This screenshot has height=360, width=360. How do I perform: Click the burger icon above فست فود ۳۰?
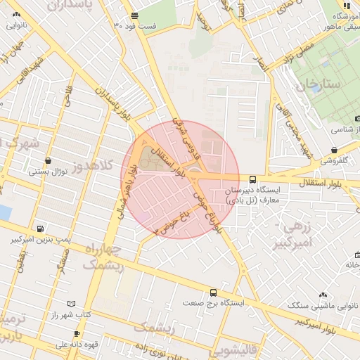coord(134,15)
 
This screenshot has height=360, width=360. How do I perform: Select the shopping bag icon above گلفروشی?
coord(334,150)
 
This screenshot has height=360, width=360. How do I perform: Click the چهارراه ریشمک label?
coord(103,257)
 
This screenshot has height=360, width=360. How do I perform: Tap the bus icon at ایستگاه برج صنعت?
coord(213,292)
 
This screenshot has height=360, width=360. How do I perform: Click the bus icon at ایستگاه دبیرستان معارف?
coord(252,179)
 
